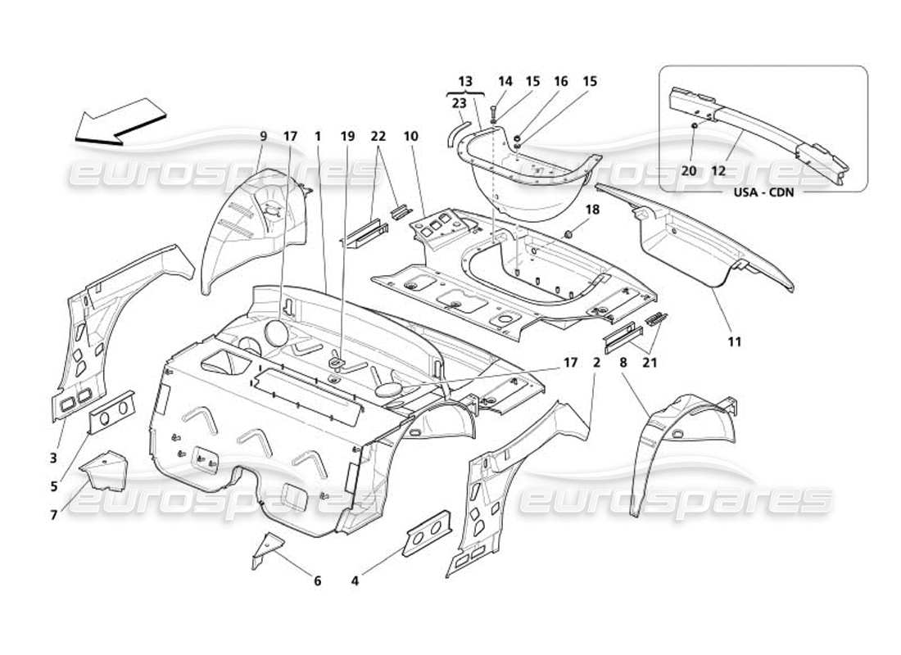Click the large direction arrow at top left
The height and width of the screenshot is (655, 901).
(x=119, y=122)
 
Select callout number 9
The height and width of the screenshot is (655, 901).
(x=263, y=137)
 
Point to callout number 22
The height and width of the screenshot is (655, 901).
(x=378, y=137)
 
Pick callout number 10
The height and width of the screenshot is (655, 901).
(x=410, y=137)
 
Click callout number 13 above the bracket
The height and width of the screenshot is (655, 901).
(x=465, y=81)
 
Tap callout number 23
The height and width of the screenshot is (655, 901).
(x=459, y=103)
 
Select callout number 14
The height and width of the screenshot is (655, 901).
(x=505, y=81)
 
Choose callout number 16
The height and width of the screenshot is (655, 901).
(x=561, y=81)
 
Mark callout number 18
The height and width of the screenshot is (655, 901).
(x=593, y=210)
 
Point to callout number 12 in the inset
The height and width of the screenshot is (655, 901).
(x=719, y=170)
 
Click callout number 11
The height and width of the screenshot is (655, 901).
(x=734, y=341)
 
